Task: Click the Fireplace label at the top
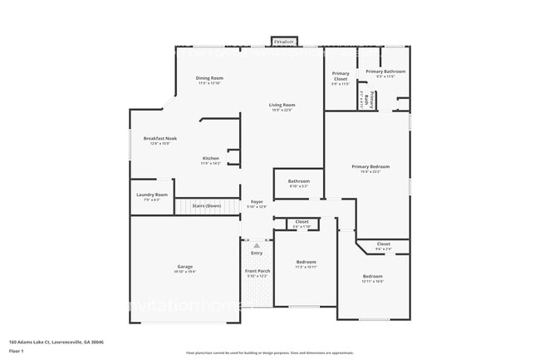pyautogui.click(x=284, y=41)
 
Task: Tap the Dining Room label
pyautogui.click(x=209, y=78)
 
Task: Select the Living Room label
pyautogui.click(x=282, y=105)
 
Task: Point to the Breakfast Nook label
pyautogui.click(x=160, y=138)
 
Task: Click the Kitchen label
pyautogui.click(x=210, y=159)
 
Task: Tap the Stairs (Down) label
pyautogui.click(x=206, y=205)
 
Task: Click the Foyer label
pyautogui.click(x=257, y=202)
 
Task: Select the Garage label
pyautogui.click(x=184, y=267)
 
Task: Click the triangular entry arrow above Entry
pyautogui.click(x=257, y=245)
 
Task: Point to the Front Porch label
pyautogui.click(x=257, y=271)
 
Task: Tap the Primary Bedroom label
pyautogui.click(x=370, y=166)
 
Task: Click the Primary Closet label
pyautogui.click(x=341, y=76)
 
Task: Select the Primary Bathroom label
pyautogui.click(x=385, y=72)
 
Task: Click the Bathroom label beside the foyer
pyautogui.click(x=298, y=181)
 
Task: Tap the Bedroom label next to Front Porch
pyautogui.click(x=306, y=262)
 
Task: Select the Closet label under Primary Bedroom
pyautogui.click(x=383, y=244)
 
